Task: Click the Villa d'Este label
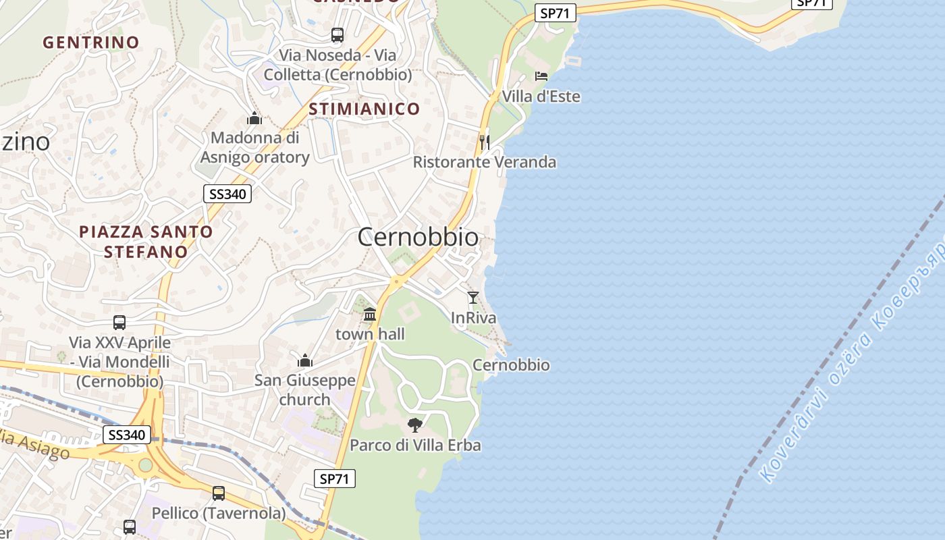coord(541,97)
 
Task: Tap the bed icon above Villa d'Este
coord(541,76)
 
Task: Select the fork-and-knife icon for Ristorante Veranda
coord(484,142)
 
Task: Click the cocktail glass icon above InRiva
coord(473,297)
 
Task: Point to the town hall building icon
coord(370,314)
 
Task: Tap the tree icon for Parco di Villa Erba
coord(415,425)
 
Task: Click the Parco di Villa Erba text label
coord(415,446)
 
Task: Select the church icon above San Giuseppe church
coord(305,360)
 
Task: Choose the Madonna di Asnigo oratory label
coord(254,147)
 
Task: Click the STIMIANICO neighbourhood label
coord(364,109)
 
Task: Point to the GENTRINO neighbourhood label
coord(91,43)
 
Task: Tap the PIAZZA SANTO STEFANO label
coord(146,242)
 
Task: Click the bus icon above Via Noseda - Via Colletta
coord(337,35)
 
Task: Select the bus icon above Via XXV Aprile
coord(119,323)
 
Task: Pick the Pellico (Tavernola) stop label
coord(219,514)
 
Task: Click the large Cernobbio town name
coord(418,237)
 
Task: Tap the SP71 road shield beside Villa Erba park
coord(335,479)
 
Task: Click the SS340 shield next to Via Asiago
coord(128,435)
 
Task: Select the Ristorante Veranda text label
coord(485,162)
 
